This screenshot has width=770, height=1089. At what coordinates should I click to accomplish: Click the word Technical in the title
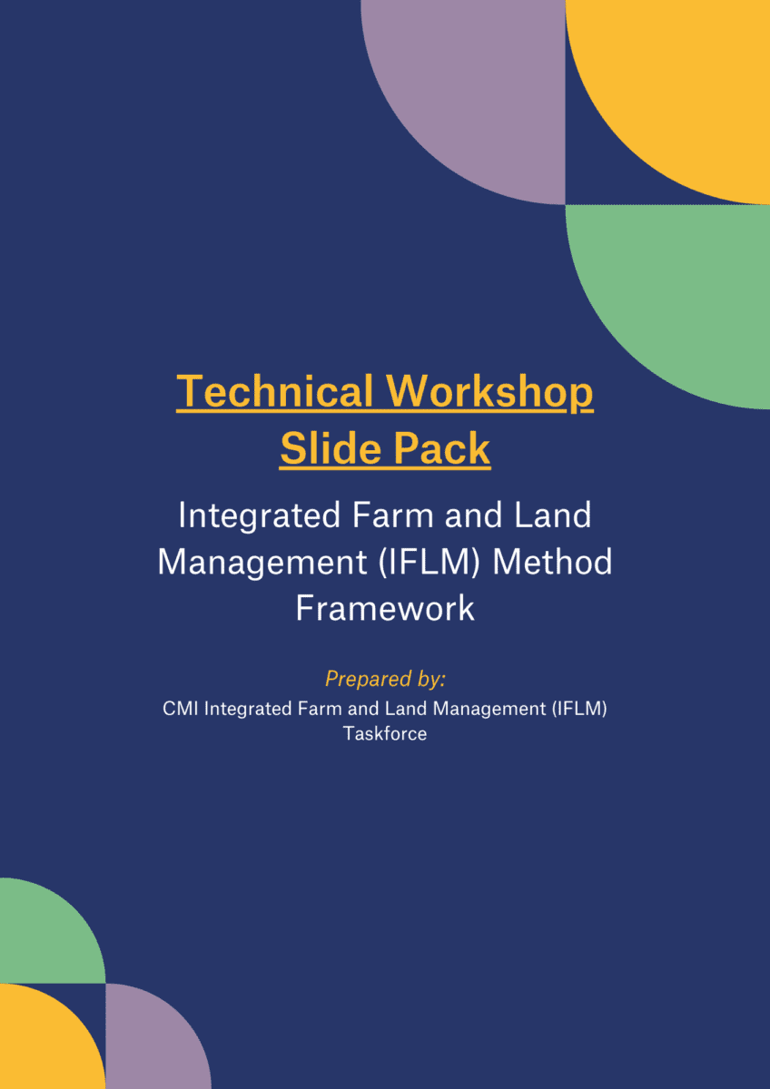pyautogui.click(x=275, y=391)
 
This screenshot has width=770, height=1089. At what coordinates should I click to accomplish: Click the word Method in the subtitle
pyautogui.click(x=552, y=562)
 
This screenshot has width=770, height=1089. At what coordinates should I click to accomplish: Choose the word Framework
pyautogui.click(x=385, y=608)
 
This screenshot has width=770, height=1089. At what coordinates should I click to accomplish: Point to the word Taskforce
pyautogui.click(x=385, y=733)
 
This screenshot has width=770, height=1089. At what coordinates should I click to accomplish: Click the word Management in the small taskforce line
pyautogui.click(x=489, y=710)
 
